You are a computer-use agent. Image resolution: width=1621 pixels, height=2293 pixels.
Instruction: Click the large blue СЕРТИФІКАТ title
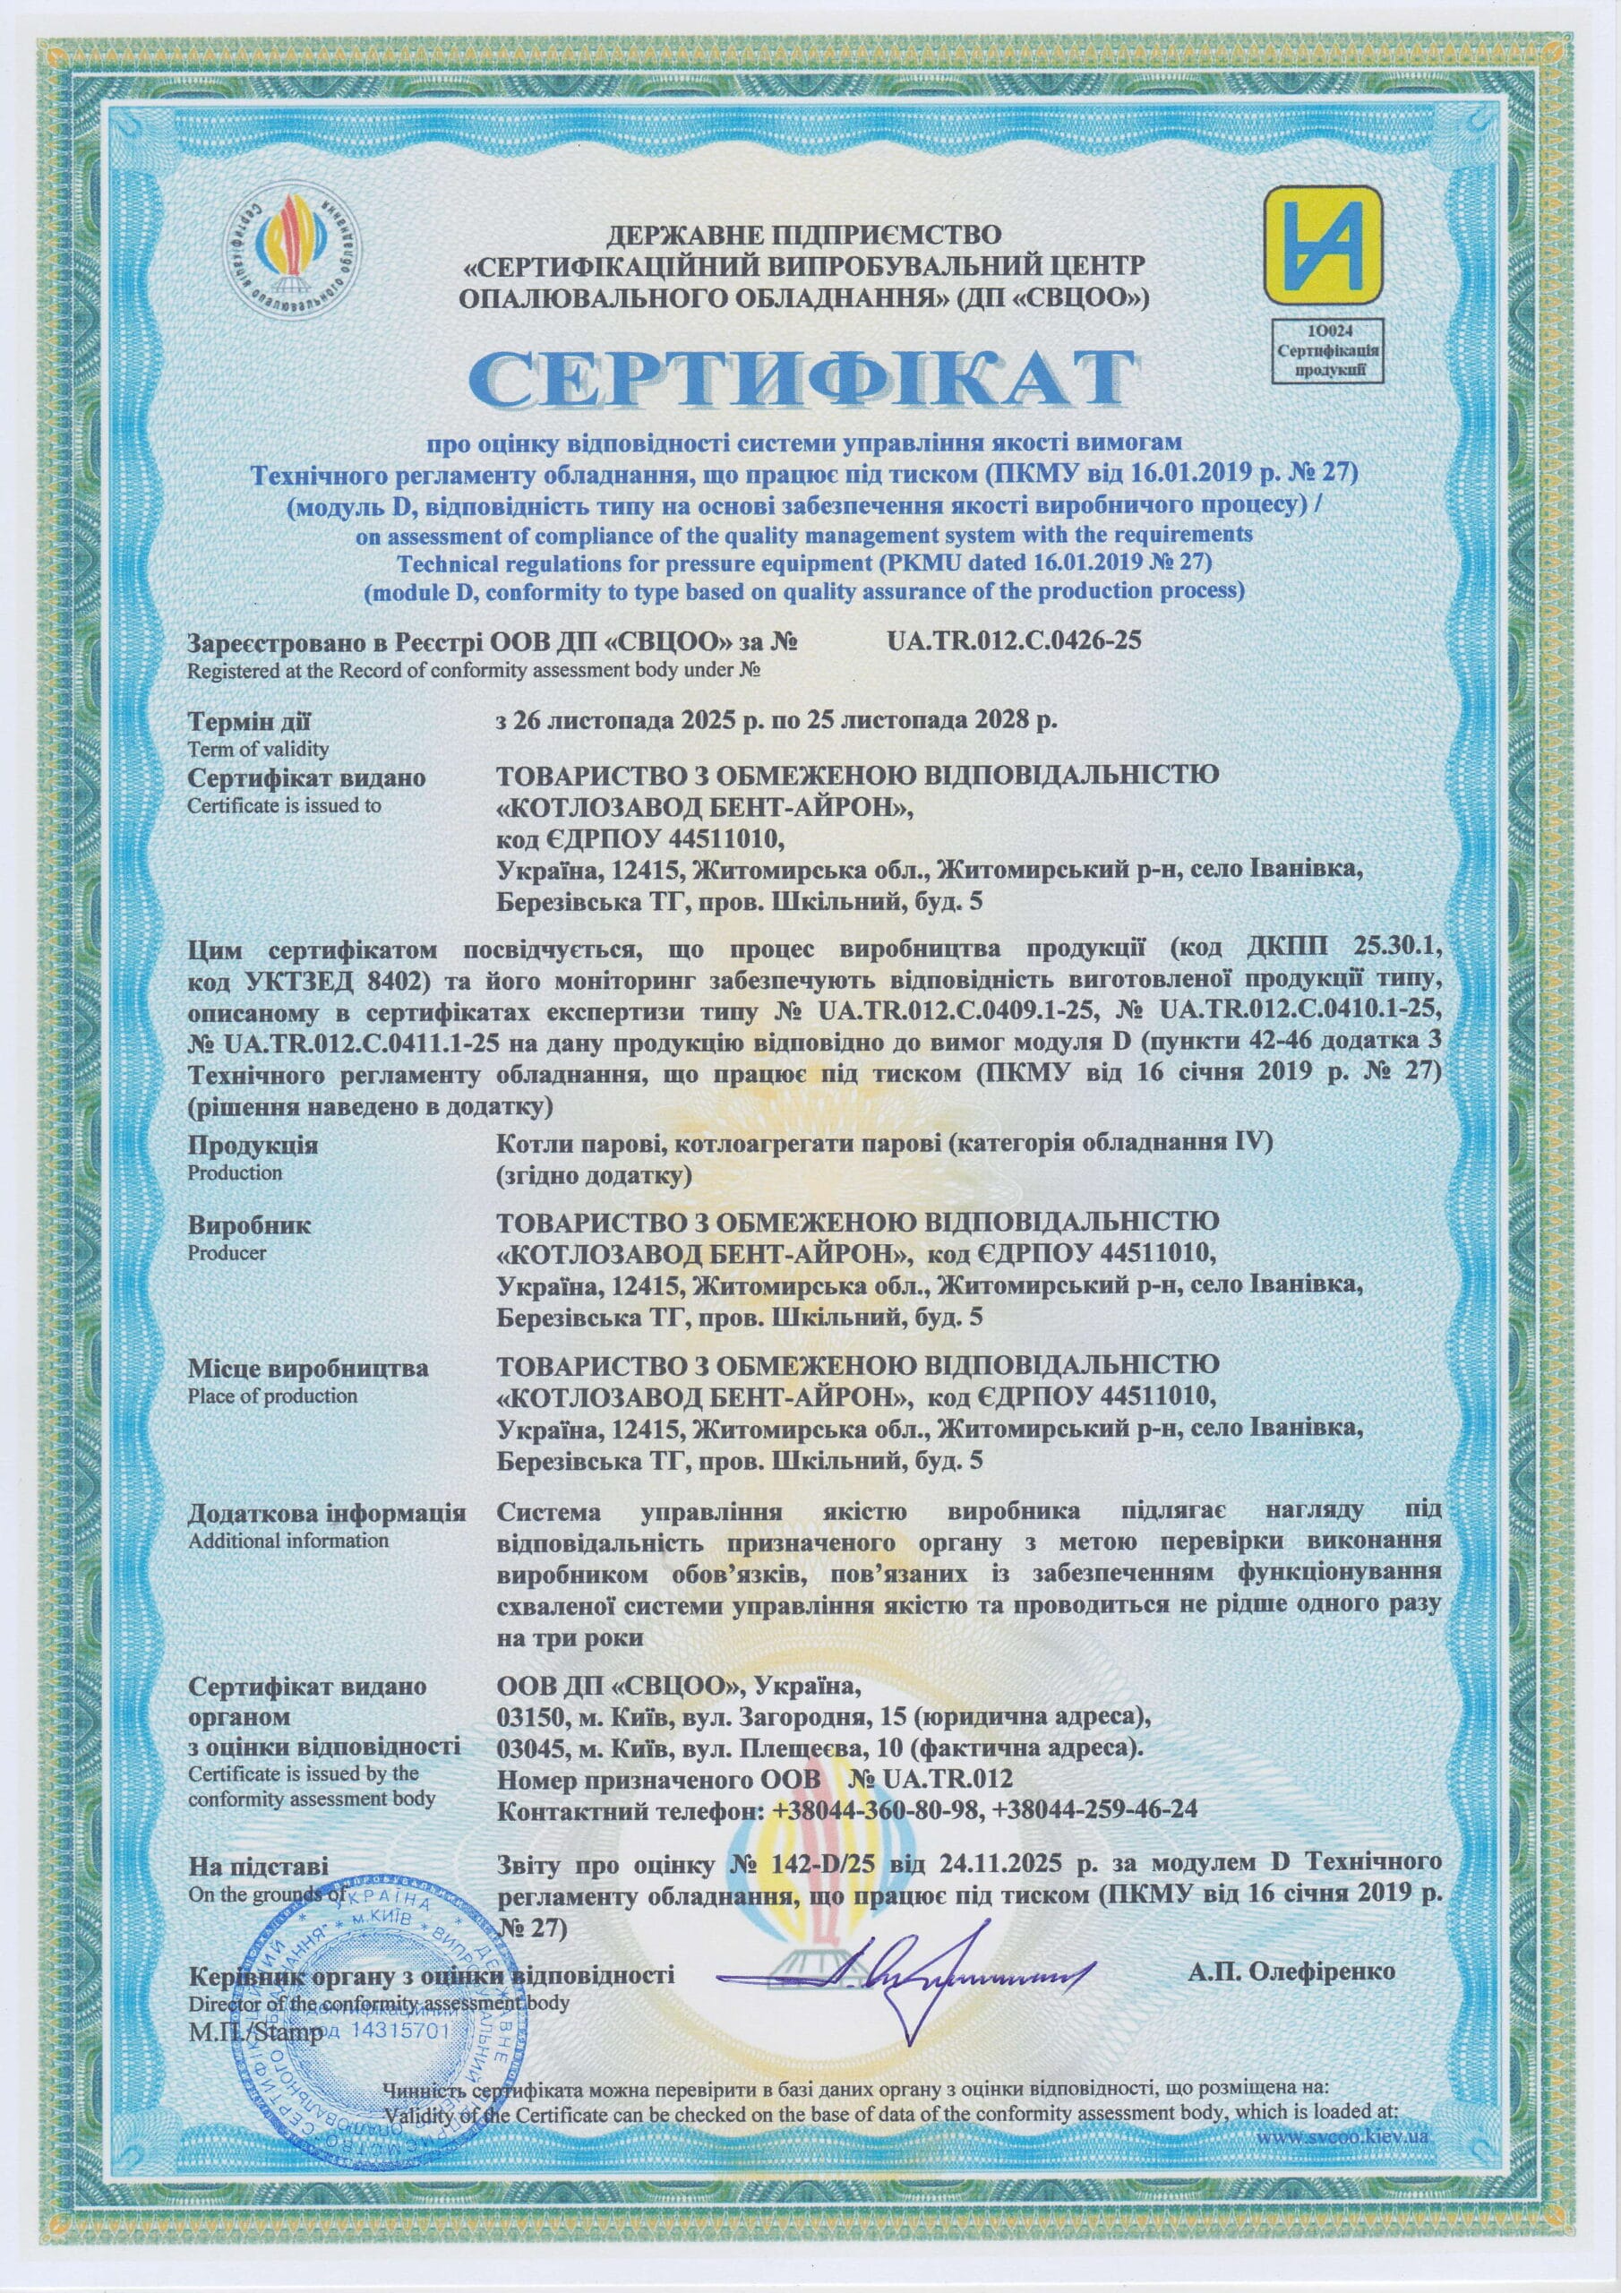click(803, 380)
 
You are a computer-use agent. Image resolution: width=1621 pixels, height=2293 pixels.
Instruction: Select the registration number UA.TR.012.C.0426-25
click(1013, 640)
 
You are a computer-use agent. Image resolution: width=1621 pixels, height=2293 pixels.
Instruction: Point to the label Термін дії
click(250, 720)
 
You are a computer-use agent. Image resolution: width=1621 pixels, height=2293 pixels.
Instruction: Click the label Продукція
click(253, 1146)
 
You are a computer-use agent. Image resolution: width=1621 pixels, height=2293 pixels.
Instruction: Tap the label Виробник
click(250, 1224)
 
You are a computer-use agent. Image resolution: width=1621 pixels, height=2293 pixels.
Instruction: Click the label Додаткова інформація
click(327, 1513)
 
